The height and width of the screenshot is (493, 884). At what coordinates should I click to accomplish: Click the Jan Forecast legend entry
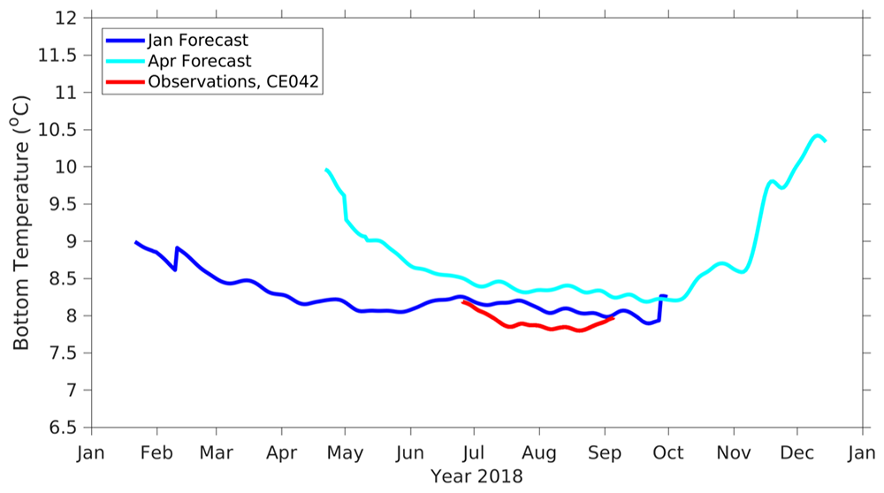(198, 41)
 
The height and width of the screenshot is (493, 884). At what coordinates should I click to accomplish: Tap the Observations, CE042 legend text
(232, 82)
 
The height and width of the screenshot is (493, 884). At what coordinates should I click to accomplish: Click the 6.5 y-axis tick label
(65, 428)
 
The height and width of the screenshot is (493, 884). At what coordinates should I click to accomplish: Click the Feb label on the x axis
(157, 453)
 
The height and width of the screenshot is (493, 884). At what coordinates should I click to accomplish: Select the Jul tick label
(474, 453)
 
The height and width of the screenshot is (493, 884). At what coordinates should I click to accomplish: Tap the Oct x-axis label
(668, 453)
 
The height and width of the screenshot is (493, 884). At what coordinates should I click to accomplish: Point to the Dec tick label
(797, 453)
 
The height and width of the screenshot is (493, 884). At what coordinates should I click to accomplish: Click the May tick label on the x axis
(345, 453)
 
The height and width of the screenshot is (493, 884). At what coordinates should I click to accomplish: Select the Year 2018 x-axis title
(476, 476)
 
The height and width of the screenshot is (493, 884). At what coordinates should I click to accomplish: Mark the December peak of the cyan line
(818, 136)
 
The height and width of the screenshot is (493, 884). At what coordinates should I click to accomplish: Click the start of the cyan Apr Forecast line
(326, 170)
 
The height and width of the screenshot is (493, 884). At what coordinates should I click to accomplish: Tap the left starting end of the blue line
(136, 242)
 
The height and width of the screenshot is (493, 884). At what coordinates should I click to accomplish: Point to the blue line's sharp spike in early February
(177, 248)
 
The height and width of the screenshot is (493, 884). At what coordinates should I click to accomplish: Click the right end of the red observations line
(613, 318)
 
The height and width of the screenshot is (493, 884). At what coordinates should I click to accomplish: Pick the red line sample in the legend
(124, 82)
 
